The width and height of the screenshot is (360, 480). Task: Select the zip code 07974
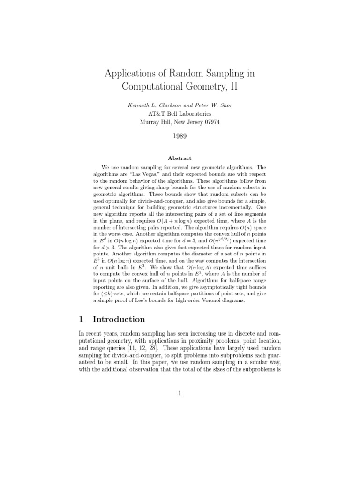[x=209, y=122]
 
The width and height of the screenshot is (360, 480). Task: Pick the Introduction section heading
[x=119, y=319]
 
